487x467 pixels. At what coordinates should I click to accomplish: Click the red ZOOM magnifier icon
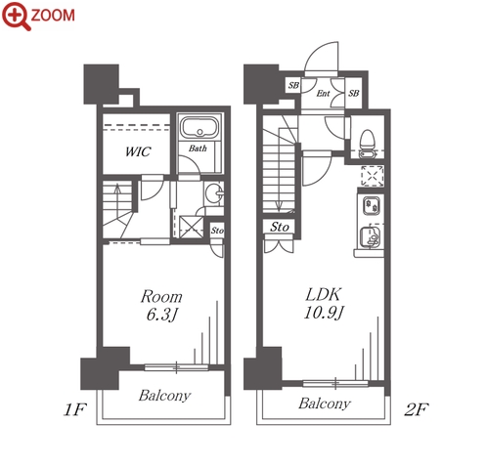coord(17,16)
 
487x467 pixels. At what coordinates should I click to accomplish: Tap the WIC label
coord(138,151)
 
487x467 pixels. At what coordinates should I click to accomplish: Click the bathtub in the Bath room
coord(199,127)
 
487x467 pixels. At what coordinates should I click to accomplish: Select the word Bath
coord(198,149)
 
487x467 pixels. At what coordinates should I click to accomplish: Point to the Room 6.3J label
coord(161,306)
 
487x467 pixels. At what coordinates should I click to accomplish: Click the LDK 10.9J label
coord(324,304)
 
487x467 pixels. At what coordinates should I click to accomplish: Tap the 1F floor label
coord(74,409)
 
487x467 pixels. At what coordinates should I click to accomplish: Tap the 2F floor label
coord(417,409)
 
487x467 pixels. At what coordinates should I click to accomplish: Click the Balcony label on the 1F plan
coord(164,396)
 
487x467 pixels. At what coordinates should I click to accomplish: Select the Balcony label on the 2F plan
coord(325,403)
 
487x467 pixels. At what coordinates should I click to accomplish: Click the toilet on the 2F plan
coord(367,144)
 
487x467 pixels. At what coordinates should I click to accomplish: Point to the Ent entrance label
coord(323,94)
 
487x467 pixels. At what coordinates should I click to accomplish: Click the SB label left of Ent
coord(293,85)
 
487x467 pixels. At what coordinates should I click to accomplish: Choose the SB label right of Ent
coord(353,94)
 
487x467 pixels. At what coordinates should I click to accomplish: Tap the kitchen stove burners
coord(372,206)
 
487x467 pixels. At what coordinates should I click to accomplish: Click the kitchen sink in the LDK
coord(371,236)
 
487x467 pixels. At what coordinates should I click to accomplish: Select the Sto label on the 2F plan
coord(280,227)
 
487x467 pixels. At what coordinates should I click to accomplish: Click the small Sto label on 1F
coord(217,231)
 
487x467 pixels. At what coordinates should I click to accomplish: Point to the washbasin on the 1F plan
coord(215,193)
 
